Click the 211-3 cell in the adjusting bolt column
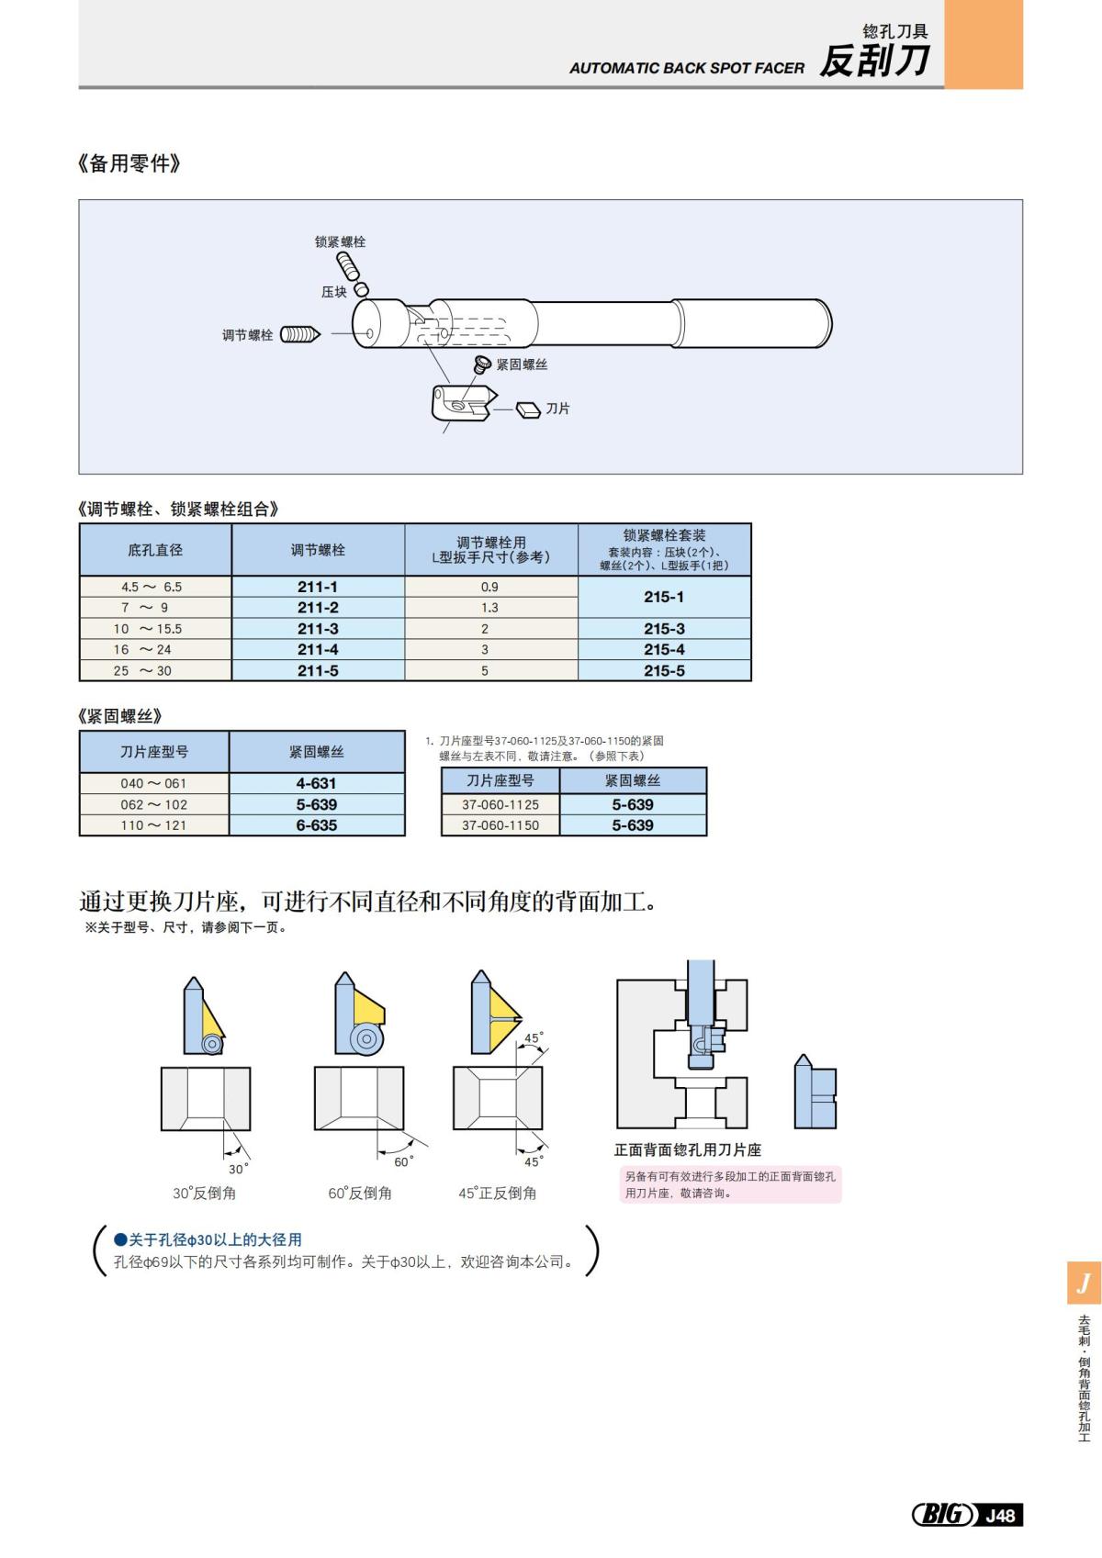pos(318,629)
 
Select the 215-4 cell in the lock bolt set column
pos(664,649)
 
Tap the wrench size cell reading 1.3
pos(490,608)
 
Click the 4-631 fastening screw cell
pos(316,783)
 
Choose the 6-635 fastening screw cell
pos(316,825)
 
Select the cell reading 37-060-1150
pos(500,825)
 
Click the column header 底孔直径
pos(155,550)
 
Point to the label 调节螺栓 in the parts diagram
pos(247,335)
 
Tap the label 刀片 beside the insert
pos(557,409)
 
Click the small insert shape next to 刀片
pos(528,409)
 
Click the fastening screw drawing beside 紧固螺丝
pos(481,365)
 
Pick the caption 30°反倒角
pos(204,1194)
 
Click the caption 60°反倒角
pos(360,1194)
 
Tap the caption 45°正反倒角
pos(497,1194)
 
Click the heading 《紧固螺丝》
pos(120,716)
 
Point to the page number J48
pos(1000,1515)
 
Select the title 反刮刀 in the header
pos(873,62)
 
